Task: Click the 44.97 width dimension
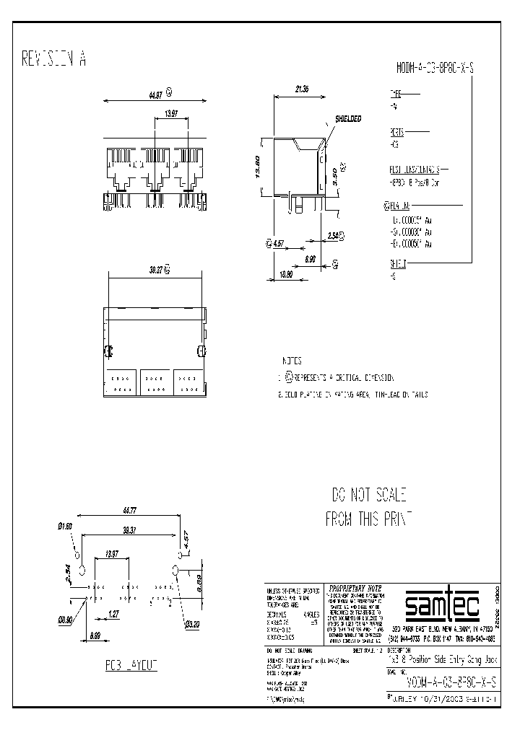pyautogui.click(x=155, y=94)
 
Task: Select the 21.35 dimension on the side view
pyautogui.click(x=303, y=89)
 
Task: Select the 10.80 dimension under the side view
pyautogui.click(x=286, y=274)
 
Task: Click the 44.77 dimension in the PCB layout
pyautogui.click(x=129, y=511)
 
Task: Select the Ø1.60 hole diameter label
pyautogui.click(x=65, y=526)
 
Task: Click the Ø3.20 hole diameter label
pyautogui.click(x=191, y=624)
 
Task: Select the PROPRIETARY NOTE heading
pyautogui.click(x=355, y=587)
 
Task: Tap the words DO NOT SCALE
pyautogui.click(x=369, y=495)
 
